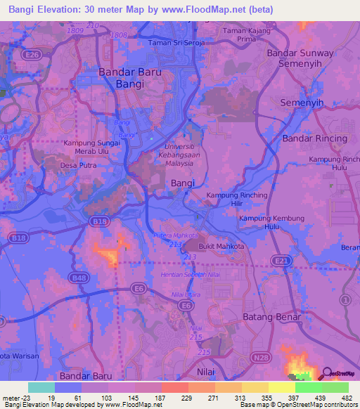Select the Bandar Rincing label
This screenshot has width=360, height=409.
tap(314, 138)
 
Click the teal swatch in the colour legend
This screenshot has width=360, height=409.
tap(41, 387)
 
